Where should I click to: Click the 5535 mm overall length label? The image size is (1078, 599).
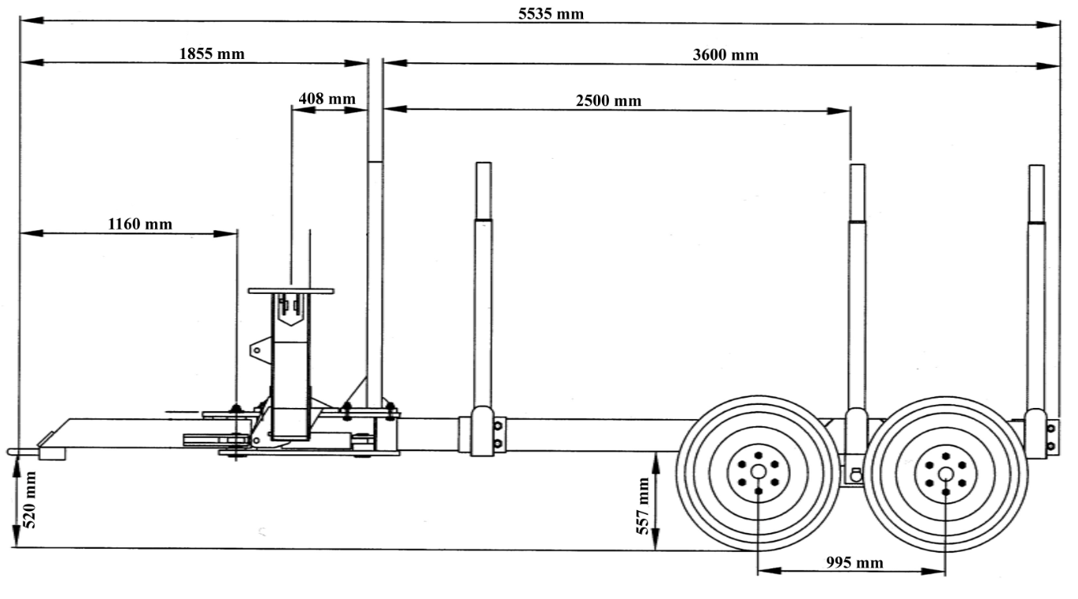click(x=551, y=13)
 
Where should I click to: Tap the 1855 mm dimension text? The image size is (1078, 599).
click(x=212, y=53)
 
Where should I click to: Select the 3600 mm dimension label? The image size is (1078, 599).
click(x=725, y=55)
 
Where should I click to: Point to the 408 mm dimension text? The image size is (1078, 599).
click(x=327, y=99)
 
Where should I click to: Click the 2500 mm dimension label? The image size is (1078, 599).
click(x=608, y=101)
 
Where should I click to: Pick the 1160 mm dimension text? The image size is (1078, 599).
click(x=139, y=224)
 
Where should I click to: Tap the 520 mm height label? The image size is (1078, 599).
click(x=30, y=499)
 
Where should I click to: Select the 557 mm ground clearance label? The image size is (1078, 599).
click(x=643, y=505)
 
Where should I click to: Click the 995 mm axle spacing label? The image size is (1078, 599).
click(x=855, y=563)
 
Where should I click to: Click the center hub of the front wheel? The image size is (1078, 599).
click(x=759, y=472)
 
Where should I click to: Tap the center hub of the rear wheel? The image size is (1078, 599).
click(x=946, y=474)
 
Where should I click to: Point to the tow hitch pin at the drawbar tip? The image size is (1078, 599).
click(x=23, y=451)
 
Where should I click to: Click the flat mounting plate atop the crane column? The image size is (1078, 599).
click(x=291, y=291)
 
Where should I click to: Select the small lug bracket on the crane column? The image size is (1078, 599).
click(x=260, y=349)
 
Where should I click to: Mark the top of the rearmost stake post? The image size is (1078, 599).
click(x=1036, y=167)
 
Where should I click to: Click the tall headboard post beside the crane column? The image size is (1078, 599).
click(x=375, y=233)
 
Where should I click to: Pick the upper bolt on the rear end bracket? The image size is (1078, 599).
click(x=1051, y=428)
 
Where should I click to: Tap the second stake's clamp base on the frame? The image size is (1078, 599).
click(x=482, y=432)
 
